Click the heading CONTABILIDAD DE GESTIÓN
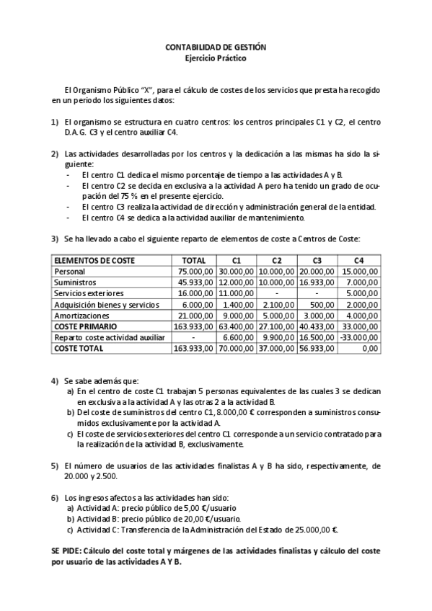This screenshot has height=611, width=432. coord(216,47)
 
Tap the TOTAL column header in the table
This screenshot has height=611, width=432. coord(194,260)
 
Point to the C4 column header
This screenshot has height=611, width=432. coord(359,260)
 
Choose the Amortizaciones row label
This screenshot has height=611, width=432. coord(81,315)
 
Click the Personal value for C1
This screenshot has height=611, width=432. coord(234,271)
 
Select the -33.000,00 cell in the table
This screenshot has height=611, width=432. coord(358,337)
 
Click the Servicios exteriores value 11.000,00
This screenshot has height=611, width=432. coord(234,293)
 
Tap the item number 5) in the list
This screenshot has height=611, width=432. coord(54,466)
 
